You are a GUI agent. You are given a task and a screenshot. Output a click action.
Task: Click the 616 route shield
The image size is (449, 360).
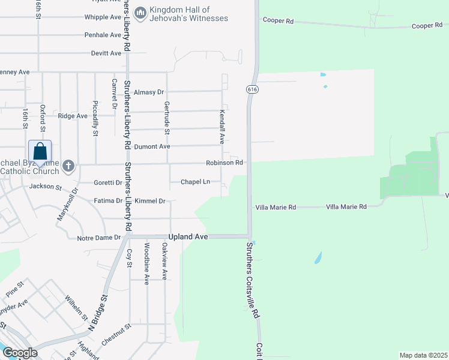(251, 89)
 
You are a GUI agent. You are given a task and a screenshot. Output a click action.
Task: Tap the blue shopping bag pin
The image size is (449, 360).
(40, 152)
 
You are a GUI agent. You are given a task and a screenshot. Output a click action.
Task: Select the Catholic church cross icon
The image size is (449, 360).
(69, 165)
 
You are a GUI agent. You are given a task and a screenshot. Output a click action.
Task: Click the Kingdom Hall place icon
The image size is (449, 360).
(140, 13)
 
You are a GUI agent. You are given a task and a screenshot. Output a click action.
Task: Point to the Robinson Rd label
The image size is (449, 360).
(224, 163)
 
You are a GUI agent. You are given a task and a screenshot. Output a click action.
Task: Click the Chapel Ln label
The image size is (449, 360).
(196, 182)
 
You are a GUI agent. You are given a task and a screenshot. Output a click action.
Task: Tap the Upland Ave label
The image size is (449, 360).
(188, 237)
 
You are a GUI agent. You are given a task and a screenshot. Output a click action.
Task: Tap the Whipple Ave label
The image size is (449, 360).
(103, 17)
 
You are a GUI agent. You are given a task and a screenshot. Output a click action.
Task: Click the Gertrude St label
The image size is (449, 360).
(167, 118)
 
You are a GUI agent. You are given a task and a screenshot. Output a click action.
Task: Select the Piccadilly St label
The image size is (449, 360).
(95, 119)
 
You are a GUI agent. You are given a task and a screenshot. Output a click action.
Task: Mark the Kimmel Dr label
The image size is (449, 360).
(150, 201)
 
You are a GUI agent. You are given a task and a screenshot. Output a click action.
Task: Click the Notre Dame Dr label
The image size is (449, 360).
(99, 238)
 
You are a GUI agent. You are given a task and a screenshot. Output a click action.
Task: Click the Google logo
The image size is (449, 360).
(20, 353)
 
